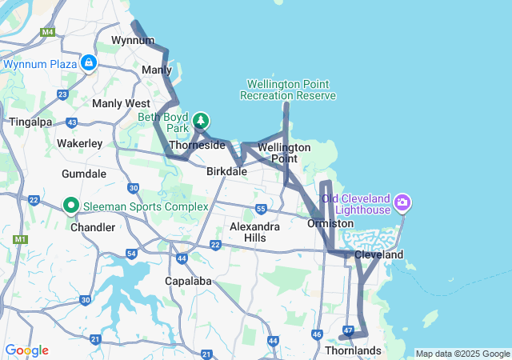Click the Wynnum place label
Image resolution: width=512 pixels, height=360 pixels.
click(132, 40)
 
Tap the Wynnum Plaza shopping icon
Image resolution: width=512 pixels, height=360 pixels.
click(88, 62)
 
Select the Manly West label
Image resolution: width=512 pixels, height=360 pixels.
click(121, 103)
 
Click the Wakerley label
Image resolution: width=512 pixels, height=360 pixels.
click(79, 143)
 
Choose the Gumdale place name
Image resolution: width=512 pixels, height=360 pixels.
click(84, 173)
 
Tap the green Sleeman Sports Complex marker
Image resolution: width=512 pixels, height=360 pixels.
click(70, 206)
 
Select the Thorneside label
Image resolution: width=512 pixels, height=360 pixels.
click(197, 146)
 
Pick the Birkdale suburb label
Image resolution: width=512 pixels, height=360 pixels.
click(226, 171)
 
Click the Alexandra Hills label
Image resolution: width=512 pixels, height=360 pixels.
click(254, 232)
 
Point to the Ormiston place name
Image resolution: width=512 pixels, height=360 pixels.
click(330, 223)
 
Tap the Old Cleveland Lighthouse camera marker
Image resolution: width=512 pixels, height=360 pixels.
click(402, 202)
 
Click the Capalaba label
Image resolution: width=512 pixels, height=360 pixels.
click(186, 281)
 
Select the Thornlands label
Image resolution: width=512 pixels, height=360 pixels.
click(353, 350)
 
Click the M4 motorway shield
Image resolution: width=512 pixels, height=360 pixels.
click(48, 32)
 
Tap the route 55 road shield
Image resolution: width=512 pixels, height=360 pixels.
click(261, 209)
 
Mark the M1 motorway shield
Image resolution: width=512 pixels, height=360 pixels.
click(18, 239)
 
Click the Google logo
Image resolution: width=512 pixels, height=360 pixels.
click(26, 350)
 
